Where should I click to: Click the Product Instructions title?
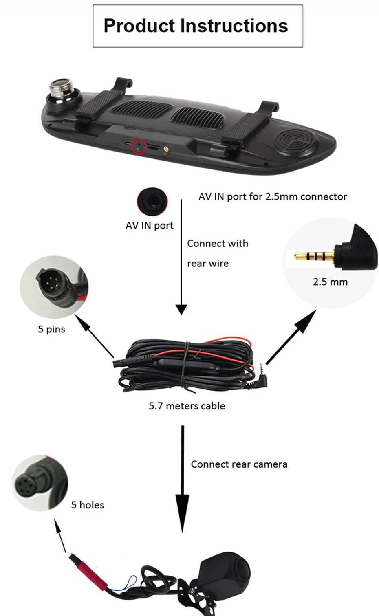196,26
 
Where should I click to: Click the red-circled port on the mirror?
139,146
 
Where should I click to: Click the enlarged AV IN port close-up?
152,201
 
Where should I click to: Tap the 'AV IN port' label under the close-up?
149,225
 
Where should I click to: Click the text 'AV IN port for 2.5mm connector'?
272,197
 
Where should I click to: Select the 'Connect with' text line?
217,244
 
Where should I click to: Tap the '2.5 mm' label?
330,282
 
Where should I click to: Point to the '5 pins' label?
51,329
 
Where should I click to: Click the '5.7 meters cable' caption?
187,406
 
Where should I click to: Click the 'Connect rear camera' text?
239,464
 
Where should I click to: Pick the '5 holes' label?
87,505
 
